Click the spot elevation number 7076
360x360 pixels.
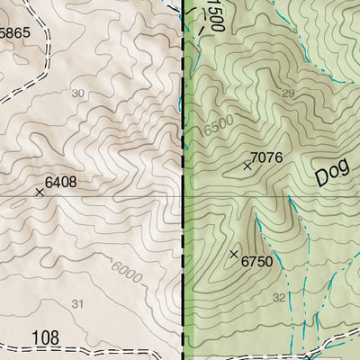pos(267,158)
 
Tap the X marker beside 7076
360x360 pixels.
pos(247,166)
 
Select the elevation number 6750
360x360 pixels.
pos(256,261)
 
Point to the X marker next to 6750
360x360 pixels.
pos(235,255)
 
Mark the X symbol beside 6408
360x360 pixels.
pos(40,192)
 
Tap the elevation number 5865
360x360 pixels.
pos(15,31)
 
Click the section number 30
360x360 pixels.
pos(78,94)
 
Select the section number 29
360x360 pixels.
pos(288,94)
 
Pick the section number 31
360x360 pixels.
pos(77,304)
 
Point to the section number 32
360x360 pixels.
pos(279,298)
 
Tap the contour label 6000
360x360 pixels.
pos(127,271)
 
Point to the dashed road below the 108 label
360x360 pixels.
pos(72,349)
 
